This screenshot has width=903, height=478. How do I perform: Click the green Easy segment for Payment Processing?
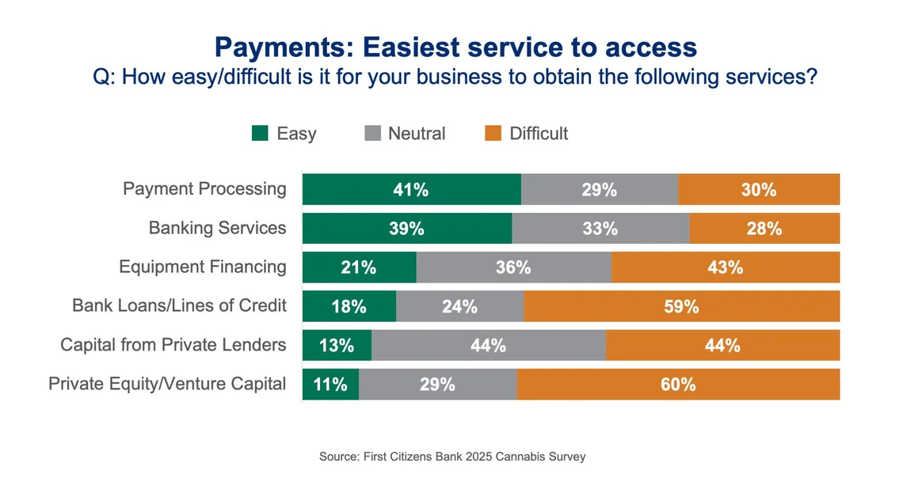411,190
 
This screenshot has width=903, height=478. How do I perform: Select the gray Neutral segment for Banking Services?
600,228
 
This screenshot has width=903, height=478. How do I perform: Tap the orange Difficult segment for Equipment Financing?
726,267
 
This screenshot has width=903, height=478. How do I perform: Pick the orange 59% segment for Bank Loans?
682,306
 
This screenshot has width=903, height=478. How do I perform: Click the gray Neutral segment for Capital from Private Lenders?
488,345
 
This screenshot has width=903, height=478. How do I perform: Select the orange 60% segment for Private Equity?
679,385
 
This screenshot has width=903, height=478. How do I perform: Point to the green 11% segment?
330,385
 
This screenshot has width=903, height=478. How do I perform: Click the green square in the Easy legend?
260,134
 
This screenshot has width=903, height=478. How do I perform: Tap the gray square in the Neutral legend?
372,134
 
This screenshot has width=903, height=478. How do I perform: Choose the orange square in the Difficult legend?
492,134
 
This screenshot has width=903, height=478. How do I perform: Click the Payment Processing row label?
204,189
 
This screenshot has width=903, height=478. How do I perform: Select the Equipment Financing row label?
203,267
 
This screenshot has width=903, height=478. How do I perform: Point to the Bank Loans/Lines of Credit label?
179,305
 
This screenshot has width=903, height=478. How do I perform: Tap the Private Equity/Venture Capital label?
167,384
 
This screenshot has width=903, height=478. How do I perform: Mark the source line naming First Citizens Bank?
452,457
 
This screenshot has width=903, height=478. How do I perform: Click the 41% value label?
411,190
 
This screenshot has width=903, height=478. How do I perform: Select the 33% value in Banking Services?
600,229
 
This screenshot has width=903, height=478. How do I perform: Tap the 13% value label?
337,346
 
